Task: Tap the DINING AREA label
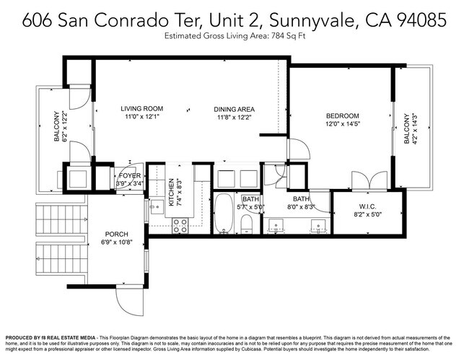point(234,110)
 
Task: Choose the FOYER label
point(130,175)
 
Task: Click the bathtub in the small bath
point(224,212)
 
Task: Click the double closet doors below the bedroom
point(364,181)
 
